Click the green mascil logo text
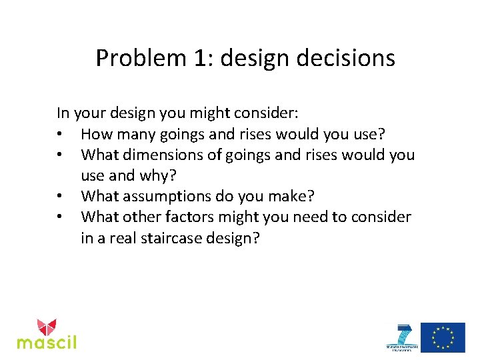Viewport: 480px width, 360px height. (x=47, y=342)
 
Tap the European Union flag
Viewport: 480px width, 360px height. (x=443, y=337)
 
